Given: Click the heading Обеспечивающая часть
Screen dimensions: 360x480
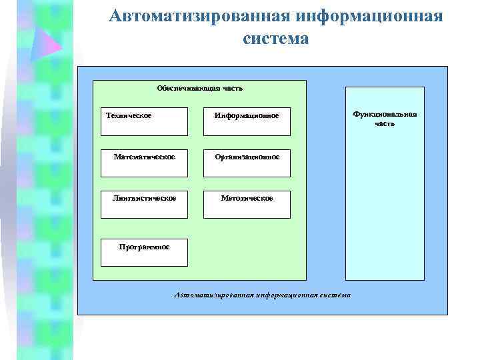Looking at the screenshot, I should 199,88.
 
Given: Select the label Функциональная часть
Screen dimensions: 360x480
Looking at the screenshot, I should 385,119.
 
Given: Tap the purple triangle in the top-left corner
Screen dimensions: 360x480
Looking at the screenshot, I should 47,41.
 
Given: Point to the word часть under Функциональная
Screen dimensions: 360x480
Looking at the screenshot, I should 385,123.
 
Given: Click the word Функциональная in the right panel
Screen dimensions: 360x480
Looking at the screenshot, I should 385,115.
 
